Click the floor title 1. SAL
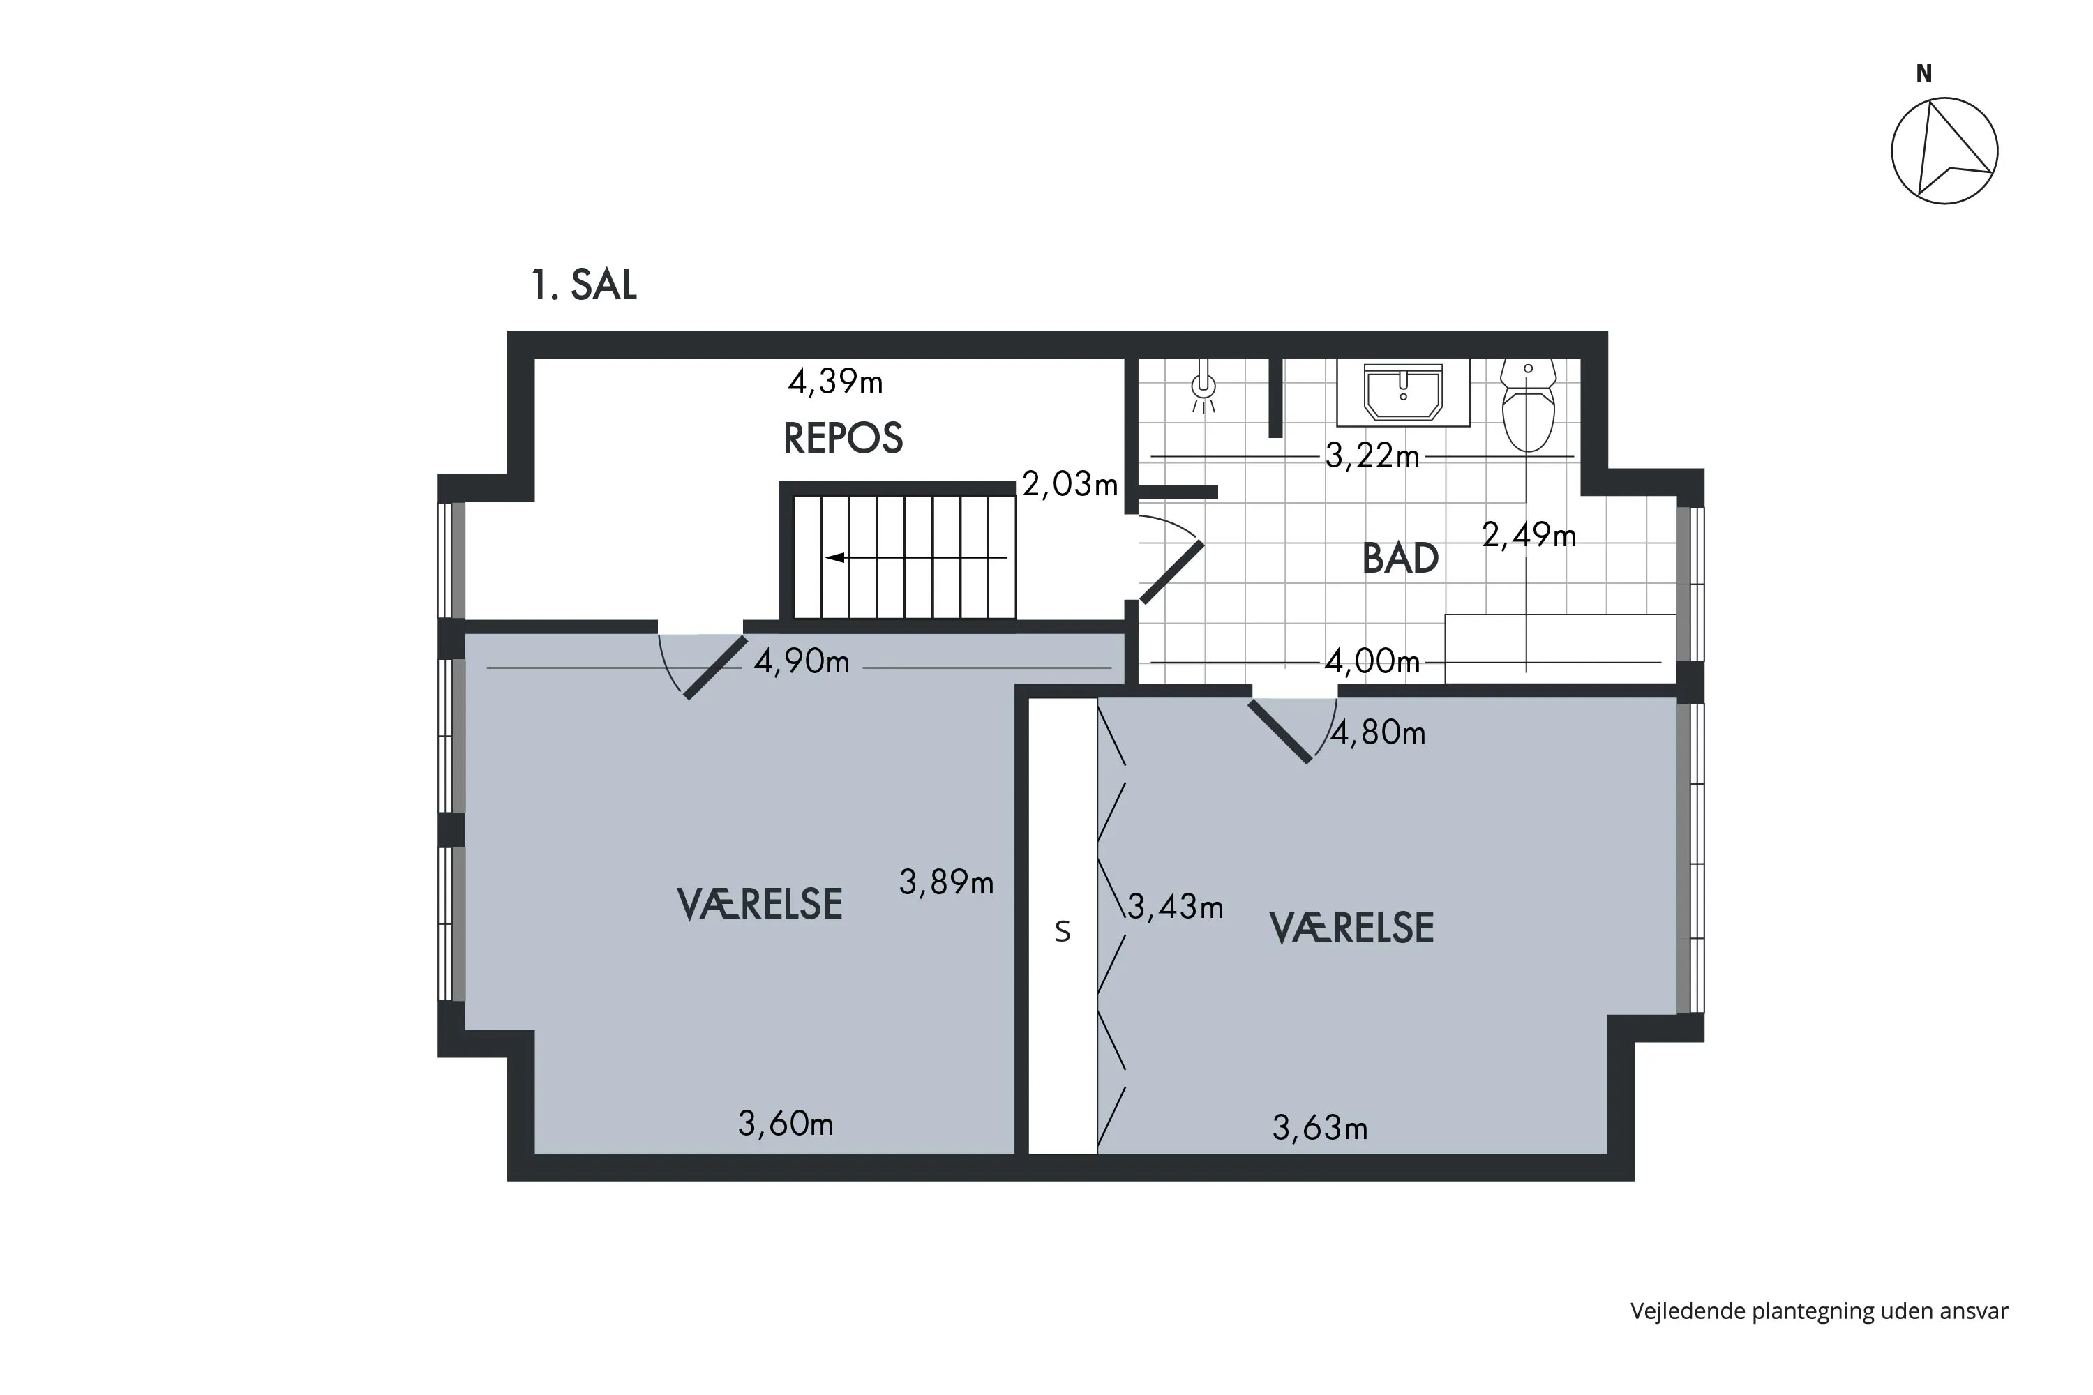[x=584, y=285]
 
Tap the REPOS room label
[x=843, y=438]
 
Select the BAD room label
[x=1400, y=559]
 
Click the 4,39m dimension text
[x=834, y=382]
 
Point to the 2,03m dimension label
[x=1069, y=484]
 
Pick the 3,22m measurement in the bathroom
[x=1372, y=455]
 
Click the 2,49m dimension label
[x=1528, y=535]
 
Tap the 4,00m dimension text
[x=1372, y=661]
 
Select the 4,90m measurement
[x=801, y=662]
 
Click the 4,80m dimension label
[x=1377, y=732]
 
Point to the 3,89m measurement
[x=946, y=882]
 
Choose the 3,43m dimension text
[x=1175, y=907]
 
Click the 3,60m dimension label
[x=785, y=1124]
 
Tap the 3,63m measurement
[x=1320, y=1128]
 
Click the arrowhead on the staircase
[x=834, y=558]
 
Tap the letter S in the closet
[x=1062, y=930]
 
